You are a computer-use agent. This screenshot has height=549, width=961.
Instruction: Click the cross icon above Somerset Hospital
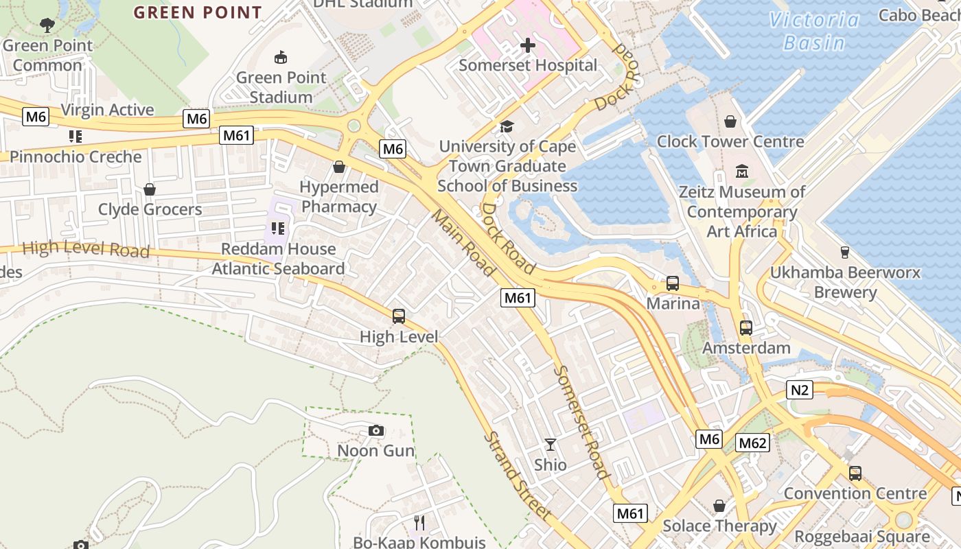coord(527,46)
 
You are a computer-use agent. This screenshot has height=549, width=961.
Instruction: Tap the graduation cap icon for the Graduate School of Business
coord(507,126)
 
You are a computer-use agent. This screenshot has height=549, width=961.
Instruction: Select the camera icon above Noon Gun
coord(375,431)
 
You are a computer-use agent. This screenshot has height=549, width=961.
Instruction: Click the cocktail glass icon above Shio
coord(551,445)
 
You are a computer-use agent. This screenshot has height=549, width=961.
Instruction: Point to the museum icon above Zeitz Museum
coord(741,171)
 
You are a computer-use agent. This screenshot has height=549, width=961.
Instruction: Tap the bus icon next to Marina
coord(673,283)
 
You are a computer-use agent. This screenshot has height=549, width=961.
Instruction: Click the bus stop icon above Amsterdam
coord(746,328)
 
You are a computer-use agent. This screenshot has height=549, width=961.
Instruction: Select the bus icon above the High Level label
coord(399,316)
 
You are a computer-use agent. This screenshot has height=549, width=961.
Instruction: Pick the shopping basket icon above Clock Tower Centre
coord(730,121)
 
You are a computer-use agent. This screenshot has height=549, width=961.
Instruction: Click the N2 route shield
coord(800,390)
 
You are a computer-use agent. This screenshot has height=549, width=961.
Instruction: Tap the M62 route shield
coord(752,443)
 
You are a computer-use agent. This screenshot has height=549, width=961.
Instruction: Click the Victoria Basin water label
coord(814,31)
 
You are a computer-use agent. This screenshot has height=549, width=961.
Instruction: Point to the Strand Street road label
coord(518,476)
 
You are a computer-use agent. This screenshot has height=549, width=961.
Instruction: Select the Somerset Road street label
coord(582,422)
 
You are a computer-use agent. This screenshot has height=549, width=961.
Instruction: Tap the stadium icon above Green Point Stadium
coord(280,58)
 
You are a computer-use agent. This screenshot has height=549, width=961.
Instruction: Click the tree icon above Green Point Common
coord(47,26)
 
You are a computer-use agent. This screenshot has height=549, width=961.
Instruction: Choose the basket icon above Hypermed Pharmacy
coord(338,167)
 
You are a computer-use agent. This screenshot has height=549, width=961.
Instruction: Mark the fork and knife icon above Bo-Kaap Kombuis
coord(419,523)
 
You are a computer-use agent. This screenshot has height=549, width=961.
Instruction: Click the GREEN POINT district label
coord(198,12)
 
